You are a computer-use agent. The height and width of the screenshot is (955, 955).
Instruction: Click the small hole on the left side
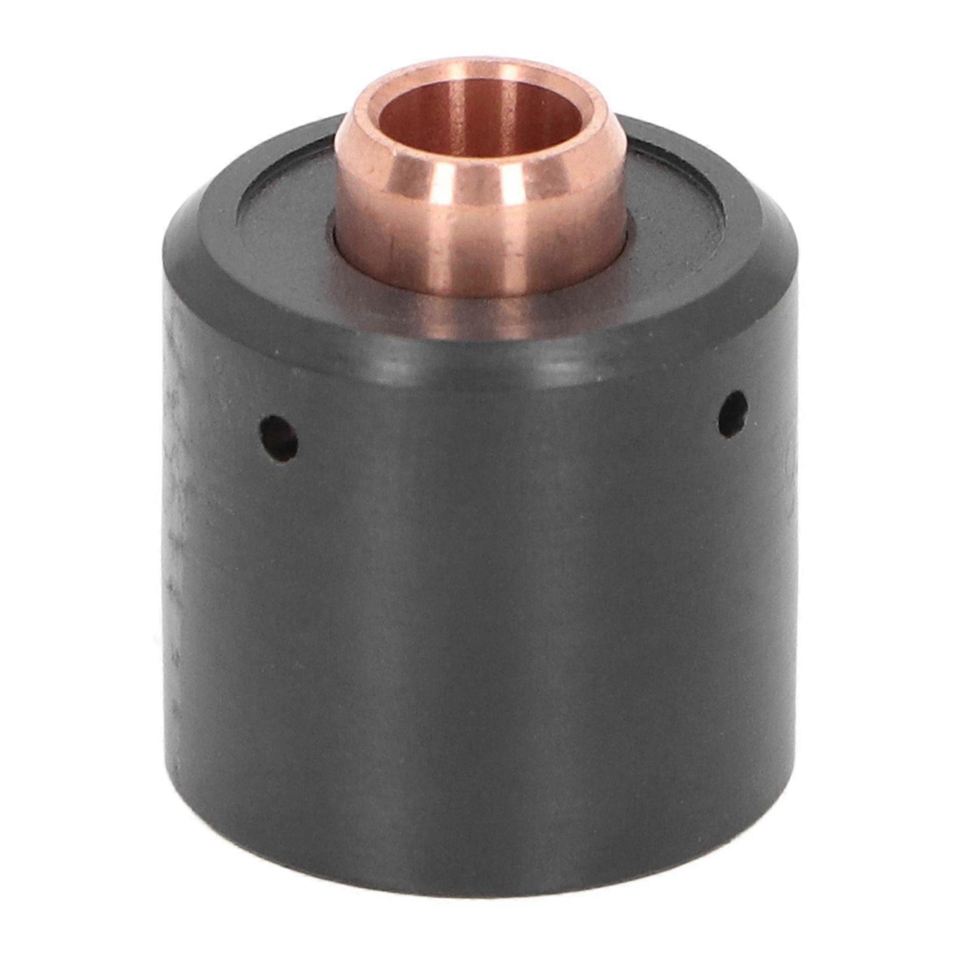point(279,438)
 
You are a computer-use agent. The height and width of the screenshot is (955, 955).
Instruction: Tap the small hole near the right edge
point(733,413)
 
